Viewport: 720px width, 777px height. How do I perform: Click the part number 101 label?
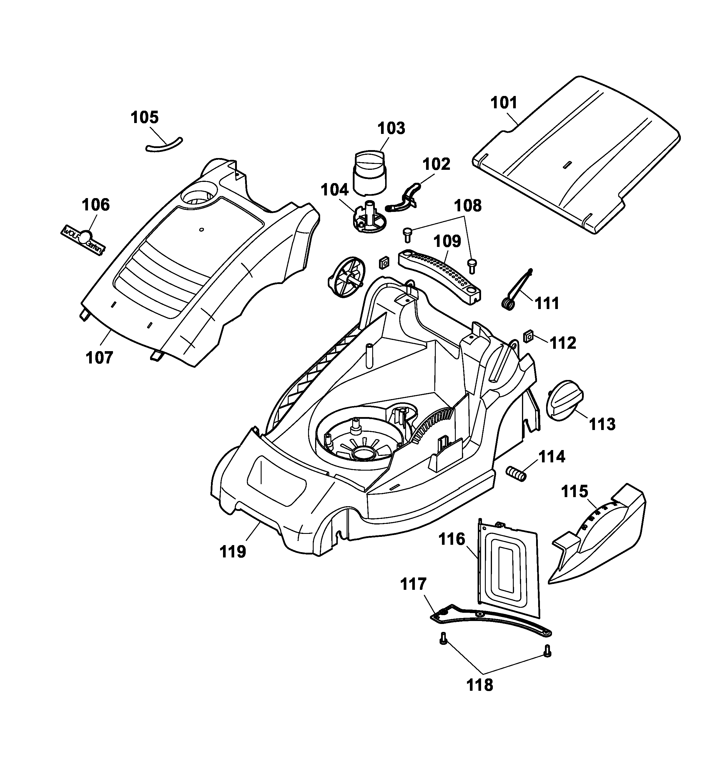tap(503, 103)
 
